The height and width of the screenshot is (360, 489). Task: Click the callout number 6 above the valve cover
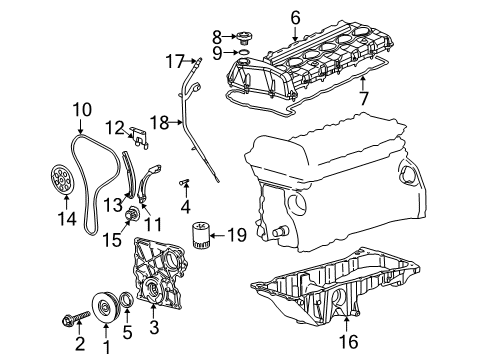point(295,17)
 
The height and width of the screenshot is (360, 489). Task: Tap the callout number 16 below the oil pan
point(345,341)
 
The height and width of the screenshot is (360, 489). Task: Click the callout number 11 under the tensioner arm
point(153,213)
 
